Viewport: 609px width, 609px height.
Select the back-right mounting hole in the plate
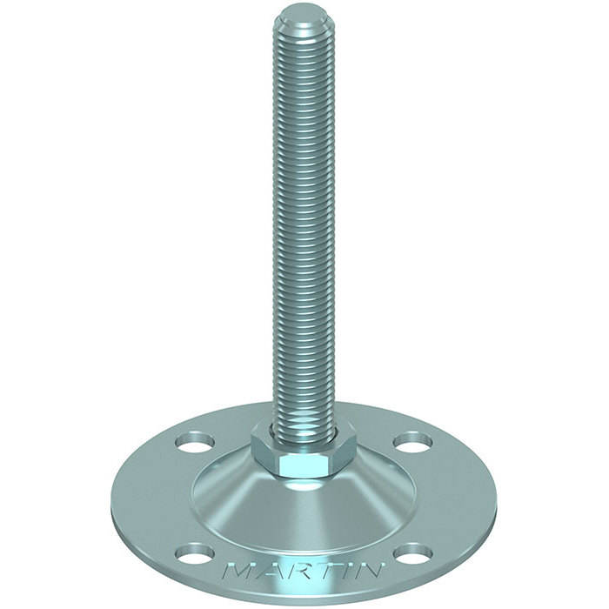pyautogui.click(x=413, y=442)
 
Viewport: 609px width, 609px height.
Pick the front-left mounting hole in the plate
pyautogui.click(x=195, y=555)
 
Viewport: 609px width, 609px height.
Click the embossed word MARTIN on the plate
pyautogui.click(x=303, y=571)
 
